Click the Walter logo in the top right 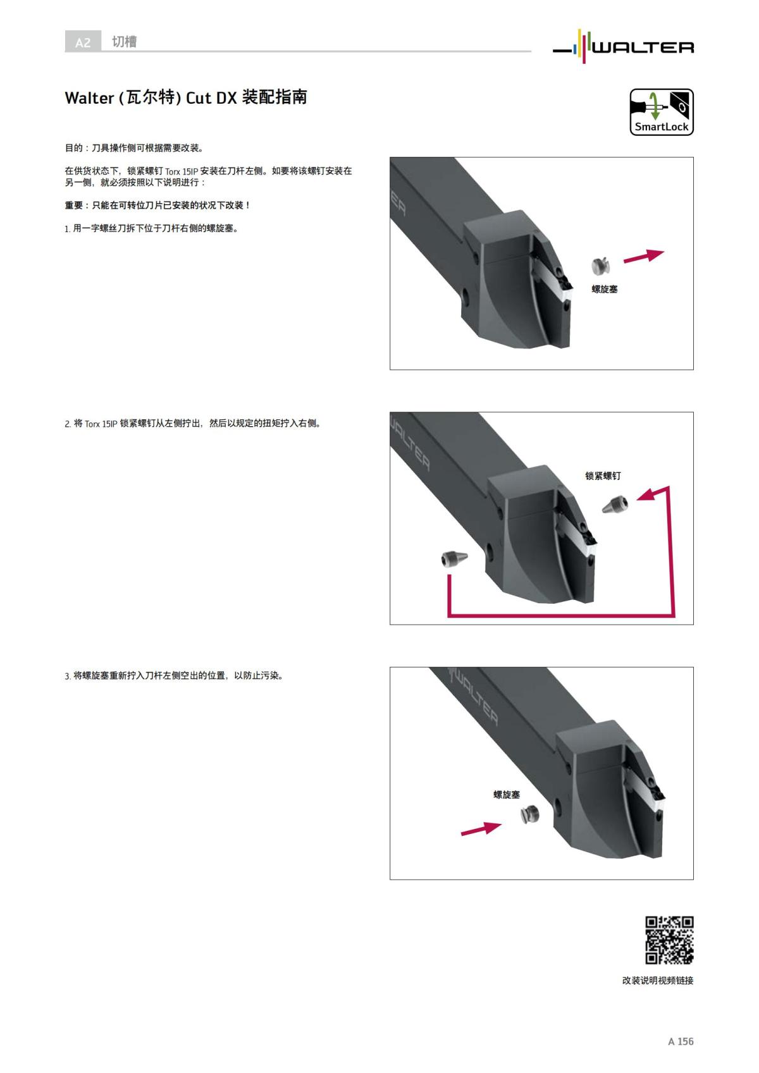624,46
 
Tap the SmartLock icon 661,112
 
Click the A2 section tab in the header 83,42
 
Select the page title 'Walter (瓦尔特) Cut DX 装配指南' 186,97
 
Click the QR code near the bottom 669,940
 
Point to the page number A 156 681,1041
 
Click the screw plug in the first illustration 600,266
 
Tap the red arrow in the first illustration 643,255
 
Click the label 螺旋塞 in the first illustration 604,289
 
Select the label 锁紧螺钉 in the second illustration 603,475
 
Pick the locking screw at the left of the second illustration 454,560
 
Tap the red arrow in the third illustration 481,828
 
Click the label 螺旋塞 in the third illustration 507,794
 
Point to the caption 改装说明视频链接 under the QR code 658,980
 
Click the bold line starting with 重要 157,205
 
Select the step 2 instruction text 194,424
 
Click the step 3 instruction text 175,676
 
